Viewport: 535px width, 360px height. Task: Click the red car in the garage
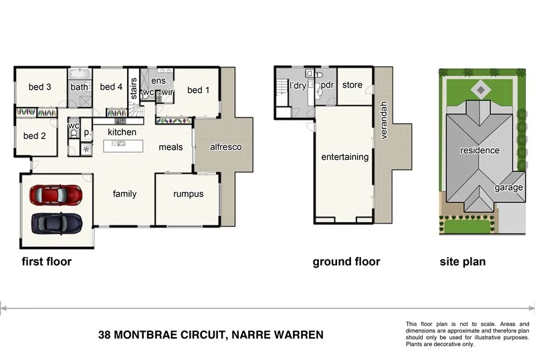[x=56, y=195]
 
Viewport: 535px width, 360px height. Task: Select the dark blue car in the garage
[x=56, y=221]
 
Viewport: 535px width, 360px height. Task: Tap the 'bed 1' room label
[x=198, y=90]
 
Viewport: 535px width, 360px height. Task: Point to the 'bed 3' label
[x=39, y=87]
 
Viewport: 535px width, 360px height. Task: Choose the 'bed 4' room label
[x=111, y=87]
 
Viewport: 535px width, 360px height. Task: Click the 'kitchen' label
[x=122, y=132]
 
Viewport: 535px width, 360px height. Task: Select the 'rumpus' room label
[x=188, y=194]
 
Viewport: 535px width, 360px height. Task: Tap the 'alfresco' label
[x=225, y=147]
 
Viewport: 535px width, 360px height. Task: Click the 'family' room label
[x=124, y=194]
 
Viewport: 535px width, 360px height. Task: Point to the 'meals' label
[x=171, y=147]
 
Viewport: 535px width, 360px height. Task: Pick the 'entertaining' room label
[x=344, y=157]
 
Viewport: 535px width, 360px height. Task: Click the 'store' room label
[x=352, y=85]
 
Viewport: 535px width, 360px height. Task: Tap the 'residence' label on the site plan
[x=479, y=151]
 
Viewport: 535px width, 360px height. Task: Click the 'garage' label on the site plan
[x=508, y=188]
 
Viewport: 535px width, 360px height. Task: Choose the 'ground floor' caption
[x=346, y=262]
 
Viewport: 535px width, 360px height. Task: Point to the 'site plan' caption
[x=462, y=262]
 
